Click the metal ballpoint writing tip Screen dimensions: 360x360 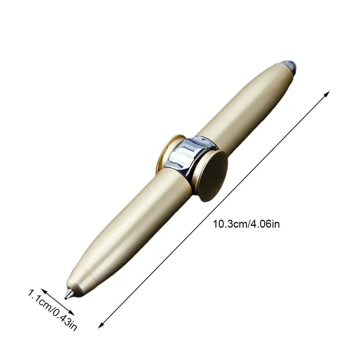(68, 295)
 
